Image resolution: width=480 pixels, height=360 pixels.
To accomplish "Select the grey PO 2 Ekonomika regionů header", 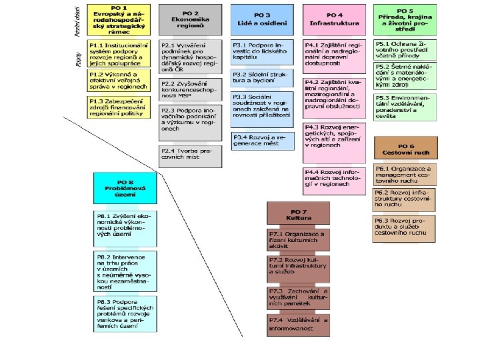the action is tap(190, 19).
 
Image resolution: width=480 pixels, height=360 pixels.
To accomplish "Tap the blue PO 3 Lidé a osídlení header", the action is tap(262, 19).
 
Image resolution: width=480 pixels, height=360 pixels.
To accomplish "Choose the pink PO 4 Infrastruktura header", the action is tap(335, 19).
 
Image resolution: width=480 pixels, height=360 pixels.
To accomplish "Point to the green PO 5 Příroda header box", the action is tap(405, 19).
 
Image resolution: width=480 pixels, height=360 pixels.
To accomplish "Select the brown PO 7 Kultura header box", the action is tap(298, 213).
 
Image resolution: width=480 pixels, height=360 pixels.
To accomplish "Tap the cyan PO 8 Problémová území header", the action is tap(125, 188).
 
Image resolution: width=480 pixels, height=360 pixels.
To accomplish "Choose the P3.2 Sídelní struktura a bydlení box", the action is tap(262, 77).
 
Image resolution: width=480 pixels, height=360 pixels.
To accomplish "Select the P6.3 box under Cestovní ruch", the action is tap(405, 227).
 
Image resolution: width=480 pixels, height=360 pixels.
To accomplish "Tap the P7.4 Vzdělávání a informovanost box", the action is tap(298, 324).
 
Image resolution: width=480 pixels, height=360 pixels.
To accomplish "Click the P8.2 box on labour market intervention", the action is tap(125, 271).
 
